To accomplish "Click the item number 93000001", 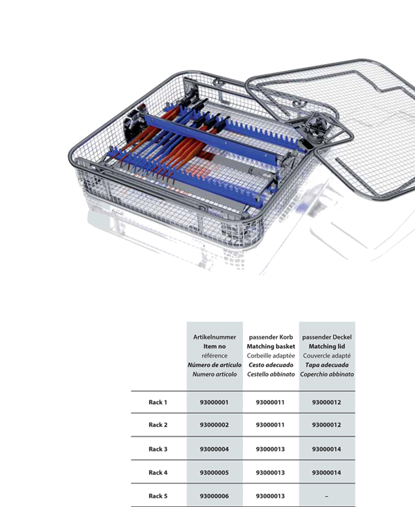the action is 215,402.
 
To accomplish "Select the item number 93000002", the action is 215,425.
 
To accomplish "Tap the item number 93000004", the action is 215,449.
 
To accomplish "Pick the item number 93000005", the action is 215,473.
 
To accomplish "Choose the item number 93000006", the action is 215,496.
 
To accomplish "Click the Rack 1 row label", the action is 158,402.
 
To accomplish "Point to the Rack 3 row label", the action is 158,449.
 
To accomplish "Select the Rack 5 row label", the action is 158,496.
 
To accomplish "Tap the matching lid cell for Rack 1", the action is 326,402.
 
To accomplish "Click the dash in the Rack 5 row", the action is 326,496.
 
